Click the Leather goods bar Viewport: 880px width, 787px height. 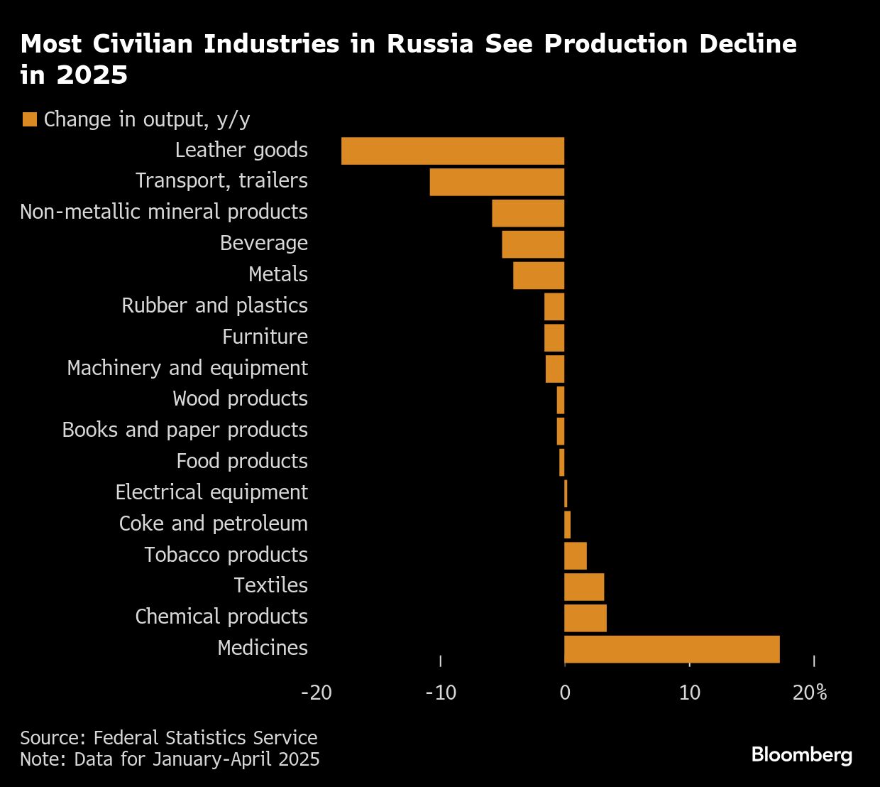point(453,151)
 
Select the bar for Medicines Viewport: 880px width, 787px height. point(671,649)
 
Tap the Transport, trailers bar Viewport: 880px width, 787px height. point(497,182)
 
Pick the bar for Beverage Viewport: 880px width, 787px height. point(533,244)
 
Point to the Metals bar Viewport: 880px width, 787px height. point(539,276)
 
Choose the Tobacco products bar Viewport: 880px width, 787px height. point(576,555)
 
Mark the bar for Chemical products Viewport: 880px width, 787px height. point(585,618)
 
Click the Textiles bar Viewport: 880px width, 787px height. point(584,587)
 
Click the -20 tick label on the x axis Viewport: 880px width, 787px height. point(317,693)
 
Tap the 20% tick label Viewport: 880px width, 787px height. point(810,693)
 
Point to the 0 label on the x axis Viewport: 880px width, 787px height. point(565,693)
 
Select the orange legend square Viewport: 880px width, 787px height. point(30,119)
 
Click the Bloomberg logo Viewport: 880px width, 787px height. point(801,754)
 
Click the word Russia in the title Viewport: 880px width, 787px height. point(431,44)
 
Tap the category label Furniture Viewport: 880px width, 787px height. point(265,337)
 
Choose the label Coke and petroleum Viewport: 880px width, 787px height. point(213,523)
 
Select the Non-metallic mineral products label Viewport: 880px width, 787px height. point(164,212)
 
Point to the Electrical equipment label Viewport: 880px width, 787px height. point(211,492)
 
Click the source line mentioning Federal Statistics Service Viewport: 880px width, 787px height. point(169,738)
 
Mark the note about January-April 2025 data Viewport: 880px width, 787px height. point(170,759)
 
